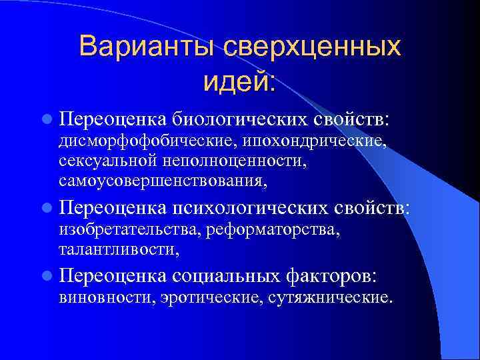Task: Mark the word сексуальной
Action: (x=107, y=161)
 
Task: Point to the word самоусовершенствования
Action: (x=163, y=180)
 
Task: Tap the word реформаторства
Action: (x=274, y=231)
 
